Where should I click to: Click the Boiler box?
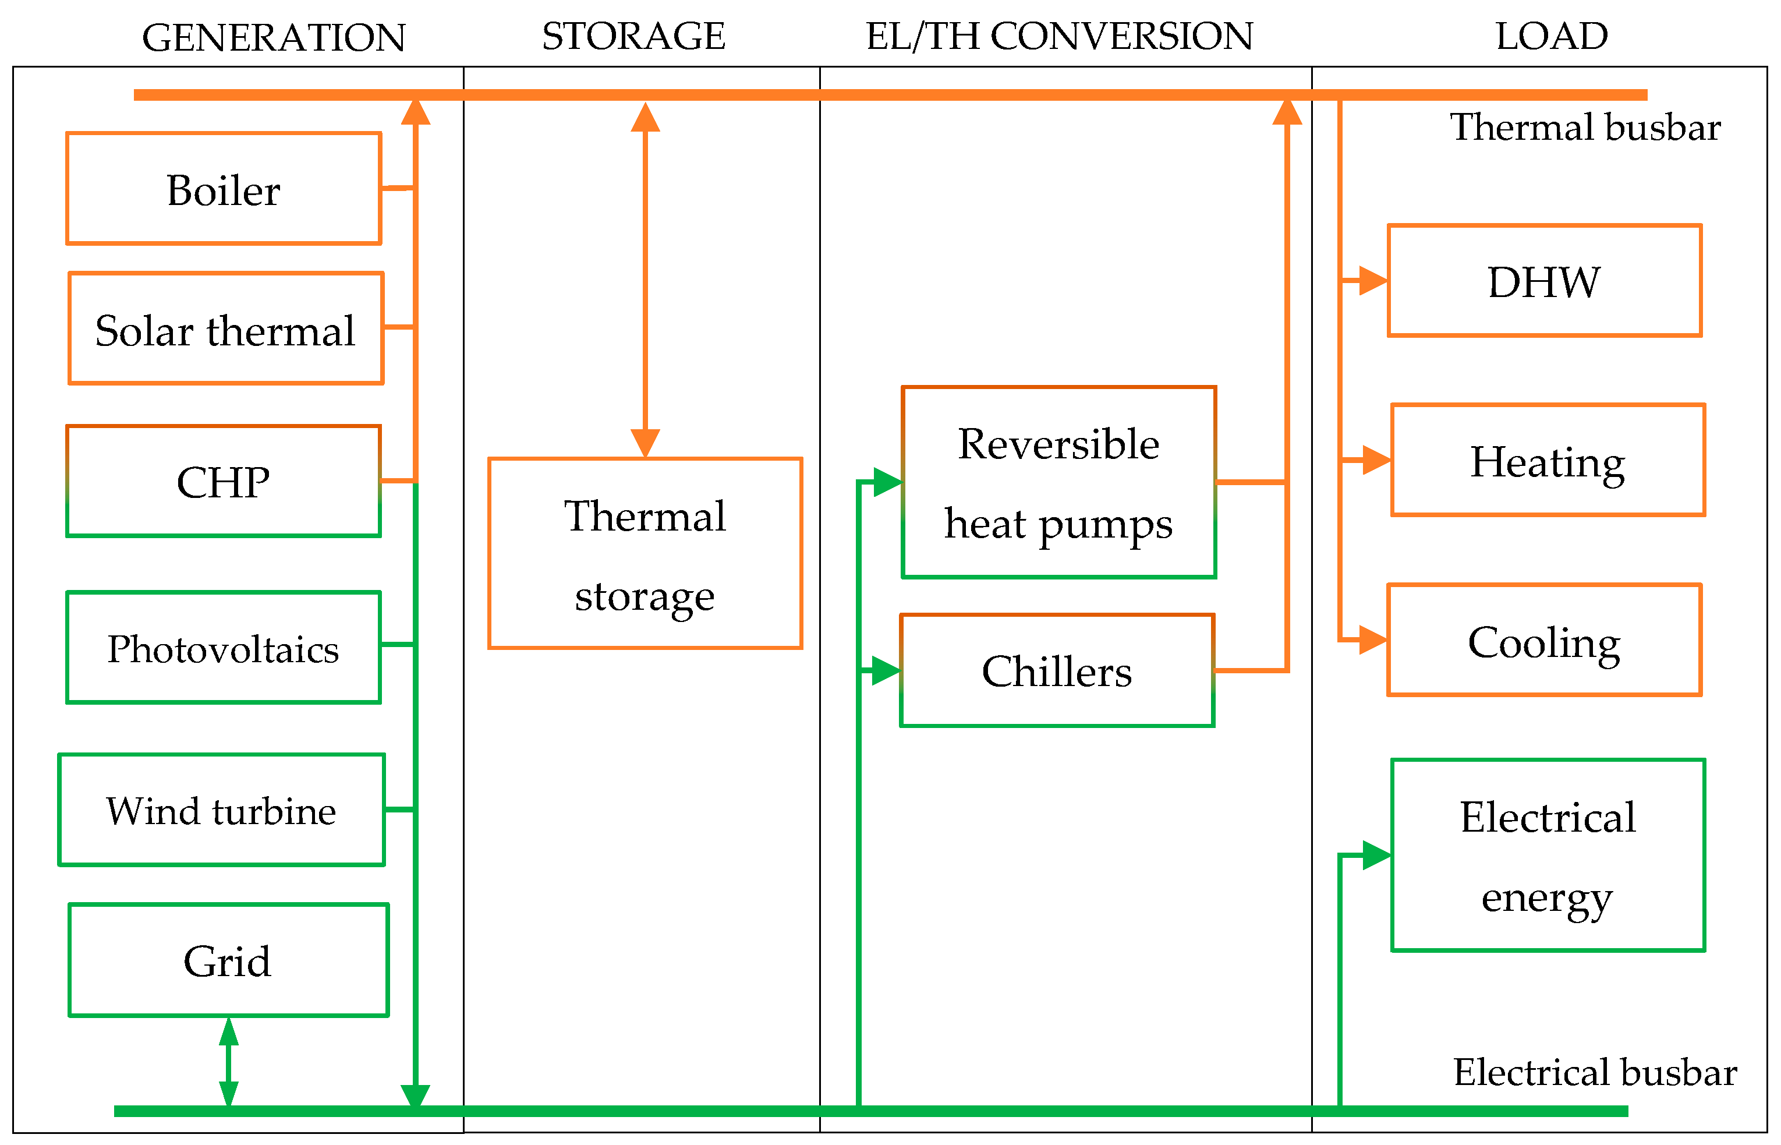pyautogui.click(x=223, y=189)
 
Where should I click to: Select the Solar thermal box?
pyautogui.click(x=225, y=328)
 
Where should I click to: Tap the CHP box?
pyautogui.click(x=223, y=481)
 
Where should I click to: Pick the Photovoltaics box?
pyautogui.click(x=223, y=648)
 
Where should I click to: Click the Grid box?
pyautogui.click(x=228, y=960)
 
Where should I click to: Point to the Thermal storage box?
pyautogui.click(x=645, y=554)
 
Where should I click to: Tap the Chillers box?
pyautogui.click(x=1056, y=671)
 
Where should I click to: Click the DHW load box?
pyautogui.click(x=1544, y=281)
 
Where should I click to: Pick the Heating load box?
pyautogui.click(x=1547, y=460)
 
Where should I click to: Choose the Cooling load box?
pyautogui.click(x=1544, y=641)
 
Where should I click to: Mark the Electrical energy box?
pyautogui.click(x=1547, y=856)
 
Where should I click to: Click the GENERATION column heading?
pyautogui.click(x=274, y=37)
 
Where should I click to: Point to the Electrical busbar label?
pyautogui.click(x=1595, y=1072)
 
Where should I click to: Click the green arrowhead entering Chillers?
pyautogui.click(x=886, y=671)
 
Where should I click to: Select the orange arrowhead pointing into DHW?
pyautogui.click(x=1372, y=281)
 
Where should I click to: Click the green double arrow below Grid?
pyautogui.click(x=228, y=1063)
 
